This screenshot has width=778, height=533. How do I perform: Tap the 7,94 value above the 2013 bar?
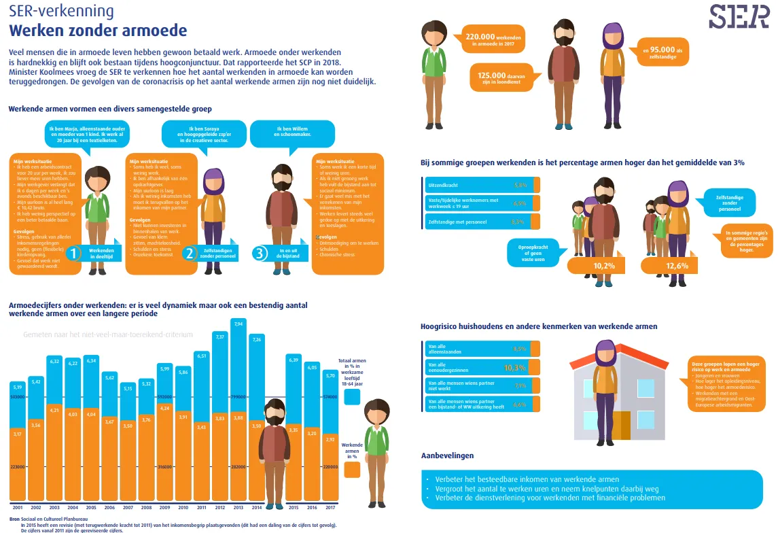[x=237, y=324]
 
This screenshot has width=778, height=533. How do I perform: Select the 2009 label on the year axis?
[x=164, y=508]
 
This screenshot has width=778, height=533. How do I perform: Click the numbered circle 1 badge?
[x=75, y=254]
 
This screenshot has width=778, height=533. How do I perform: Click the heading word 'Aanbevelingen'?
[x=447, y=455]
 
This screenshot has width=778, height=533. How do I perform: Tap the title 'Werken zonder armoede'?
[x=97, y=31]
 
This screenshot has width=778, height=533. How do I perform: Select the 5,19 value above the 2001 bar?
[x=18, y=386]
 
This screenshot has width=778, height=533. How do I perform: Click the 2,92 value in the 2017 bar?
[x=330, y=440]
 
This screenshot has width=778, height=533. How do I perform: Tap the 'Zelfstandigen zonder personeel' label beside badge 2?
[x=218, y=253]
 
